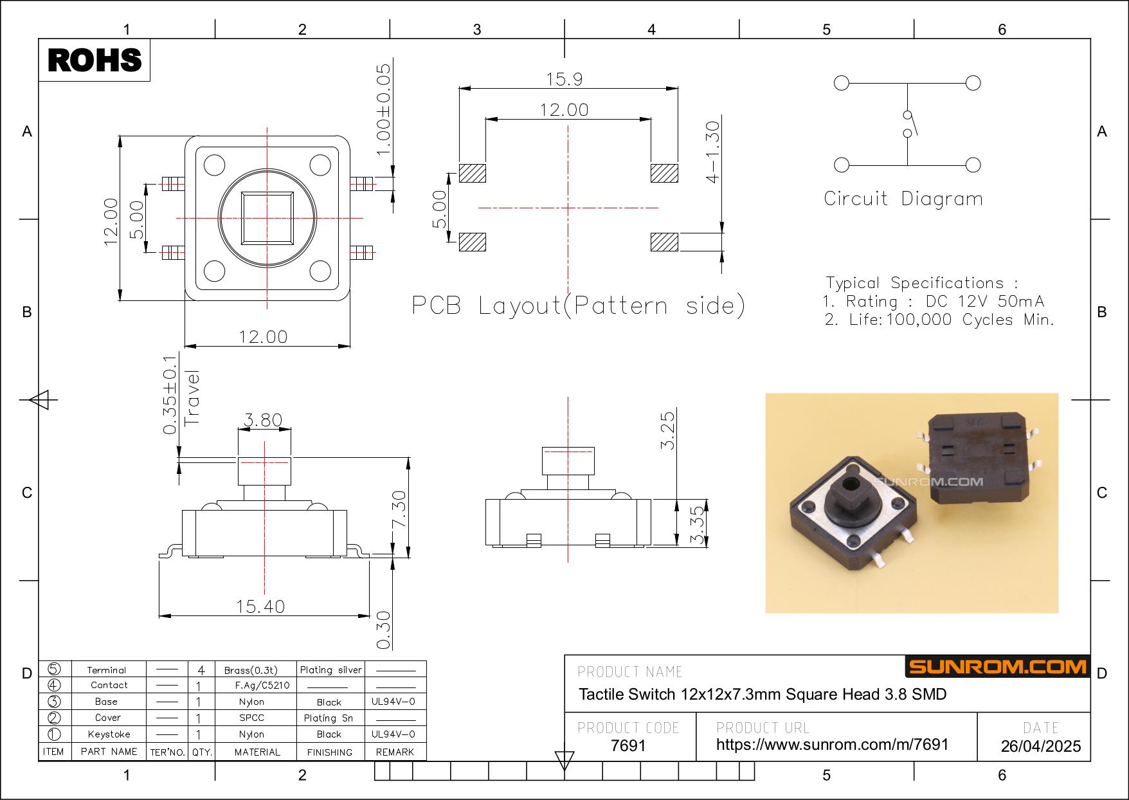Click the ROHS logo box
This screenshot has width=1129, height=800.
[95, 60]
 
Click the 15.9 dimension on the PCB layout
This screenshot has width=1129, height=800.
[564, 79]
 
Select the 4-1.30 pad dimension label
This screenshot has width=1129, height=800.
[712, 152]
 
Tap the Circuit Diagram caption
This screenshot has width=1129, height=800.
[903, 199]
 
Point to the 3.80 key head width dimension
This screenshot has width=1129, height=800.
[264, 420]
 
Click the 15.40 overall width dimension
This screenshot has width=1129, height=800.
[260, 606]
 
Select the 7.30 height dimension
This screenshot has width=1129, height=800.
[399, 509]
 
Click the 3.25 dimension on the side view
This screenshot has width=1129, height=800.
[668, 430]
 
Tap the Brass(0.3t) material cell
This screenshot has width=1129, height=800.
[251, 670]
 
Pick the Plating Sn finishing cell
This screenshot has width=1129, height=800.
[329, 718]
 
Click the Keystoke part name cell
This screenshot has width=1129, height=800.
[109, 734]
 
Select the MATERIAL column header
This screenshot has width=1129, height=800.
[257, 752]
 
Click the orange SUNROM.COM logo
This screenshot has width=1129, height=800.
[997, 666]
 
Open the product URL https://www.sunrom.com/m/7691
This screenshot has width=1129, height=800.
[832, 745]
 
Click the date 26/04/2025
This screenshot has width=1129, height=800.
[1041, 746]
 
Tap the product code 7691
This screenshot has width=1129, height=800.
[628, 745]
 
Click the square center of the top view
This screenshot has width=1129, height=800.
[267, 218]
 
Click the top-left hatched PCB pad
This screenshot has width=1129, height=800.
[472, 173]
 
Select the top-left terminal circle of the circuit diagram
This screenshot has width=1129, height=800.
[841, 83]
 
